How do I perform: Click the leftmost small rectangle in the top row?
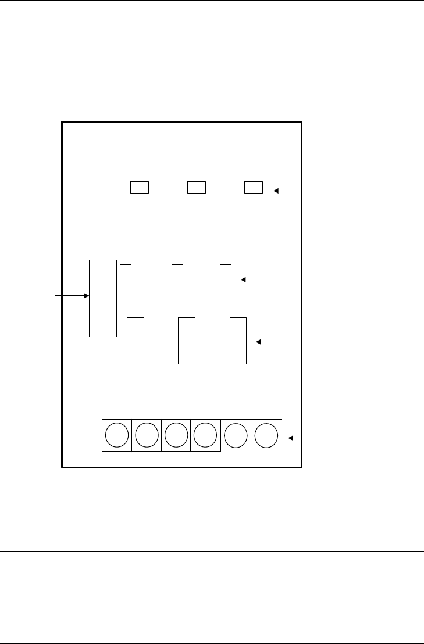[140, 187]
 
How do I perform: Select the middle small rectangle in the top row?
[197, 187]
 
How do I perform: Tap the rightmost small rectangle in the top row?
[254, 187]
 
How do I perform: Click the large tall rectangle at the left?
[103, 298]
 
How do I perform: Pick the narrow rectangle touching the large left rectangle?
[126, 280]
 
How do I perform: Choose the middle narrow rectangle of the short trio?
[177, 280]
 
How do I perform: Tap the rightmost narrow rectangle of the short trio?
[226, 280]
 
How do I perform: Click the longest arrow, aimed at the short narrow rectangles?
[276, 280]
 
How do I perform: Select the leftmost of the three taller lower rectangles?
[136, 341]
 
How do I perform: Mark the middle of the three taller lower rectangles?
[186, 341]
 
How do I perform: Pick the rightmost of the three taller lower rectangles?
[238, 341]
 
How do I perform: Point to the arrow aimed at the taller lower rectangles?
[284, 342]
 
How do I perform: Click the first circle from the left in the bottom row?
[117, 435]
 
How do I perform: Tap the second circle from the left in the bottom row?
[147, 435]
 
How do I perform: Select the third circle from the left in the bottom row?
[176, 435]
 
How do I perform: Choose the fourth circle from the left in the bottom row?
[206, 435]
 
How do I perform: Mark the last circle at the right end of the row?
[266, 435]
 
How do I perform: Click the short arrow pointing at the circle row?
[300, 437]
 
